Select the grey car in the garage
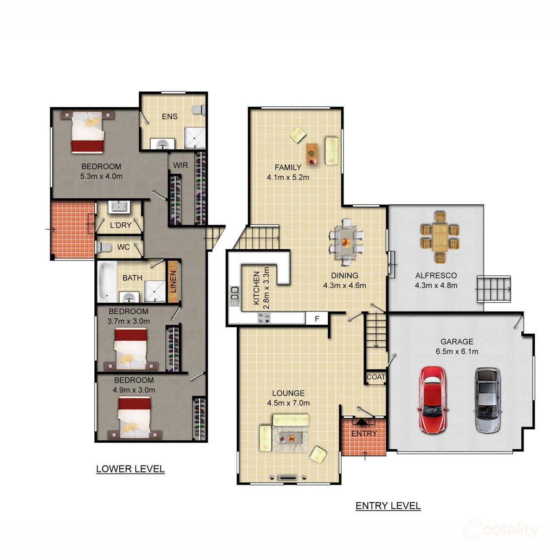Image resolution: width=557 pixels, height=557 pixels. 487,400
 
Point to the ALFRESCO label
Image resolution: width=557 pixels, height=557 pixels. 436,275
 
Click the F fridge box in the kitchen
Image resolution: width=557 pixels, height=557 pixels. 317,319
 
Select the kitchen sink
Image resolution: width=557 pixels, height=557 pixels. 235,293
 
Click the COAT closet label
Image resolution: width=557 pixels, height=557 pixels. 376,377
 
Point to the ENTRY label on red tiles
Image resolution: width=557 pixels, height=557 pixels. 364,434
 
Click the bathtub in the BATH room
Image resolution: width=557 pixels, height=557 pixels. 107,281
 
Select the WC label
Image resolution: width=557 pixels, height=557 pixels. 123,247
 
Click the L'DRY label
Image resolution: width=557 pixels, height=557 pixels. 121,226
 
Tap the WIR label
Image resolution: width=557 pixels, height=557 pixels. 181,165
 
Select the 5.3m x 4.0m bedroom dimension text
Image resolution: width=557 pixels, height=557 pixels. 101,176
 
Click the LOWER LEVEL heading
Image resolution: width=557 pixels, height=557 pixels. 130,469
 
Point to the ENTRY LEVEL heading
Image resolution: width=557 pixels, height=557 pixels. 388,506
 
